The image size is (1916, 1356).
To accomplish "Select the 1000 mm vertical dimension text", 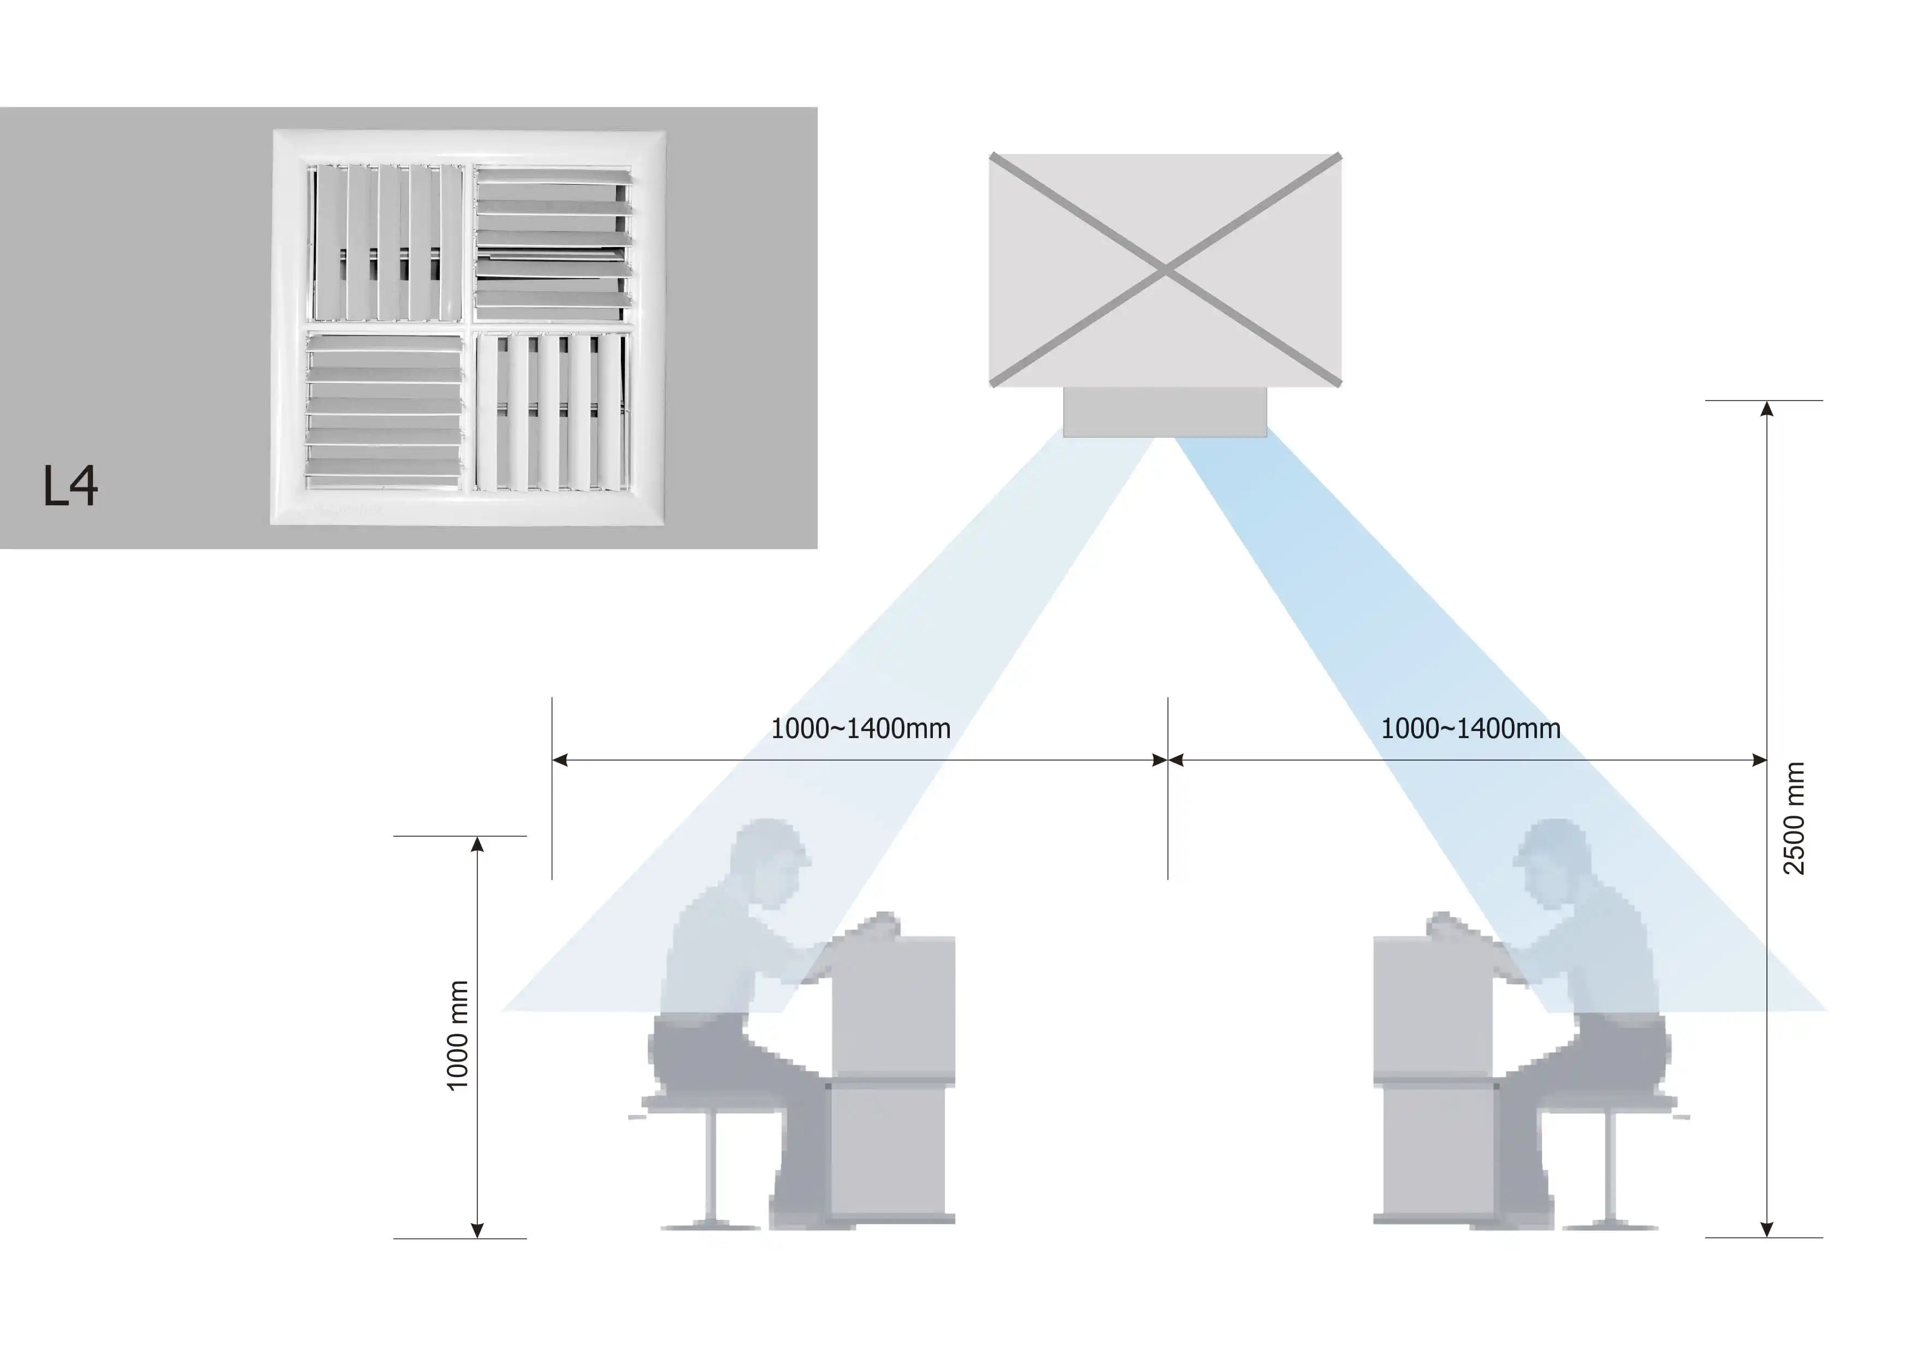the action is click(457, 1035).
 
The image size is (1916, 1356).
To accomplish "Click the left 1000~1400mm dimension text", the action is click(860, 729).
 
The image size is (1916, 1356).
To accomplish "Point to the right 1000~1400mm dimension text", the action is click(1470, 729).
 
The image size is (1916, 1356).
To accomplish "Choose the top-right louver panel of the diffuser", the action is click(552, 242).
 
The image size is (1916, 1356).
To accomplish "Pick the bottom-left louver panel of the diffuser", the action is click(385, 411).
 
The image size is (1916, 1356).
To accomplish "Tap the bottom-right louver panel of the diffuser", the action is click(552, 411).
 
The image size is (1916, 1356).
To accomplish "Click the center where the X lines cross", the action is click(1166, 270).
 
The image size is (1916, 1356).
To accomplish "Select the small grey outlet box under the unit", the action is click(1165, 411).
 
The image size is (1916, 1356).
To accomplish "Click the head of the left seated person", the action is click(770, 860).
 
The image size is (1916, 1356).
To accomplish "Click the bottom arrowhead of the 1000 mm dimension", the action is click(477, 1230).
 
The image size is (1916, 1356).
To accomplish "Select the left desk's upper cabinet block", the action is click(894, 1006).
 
